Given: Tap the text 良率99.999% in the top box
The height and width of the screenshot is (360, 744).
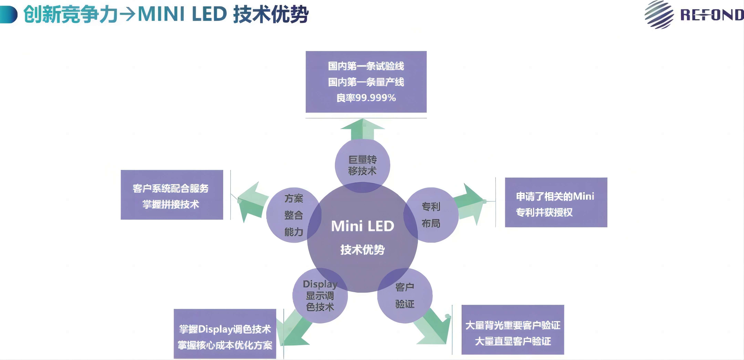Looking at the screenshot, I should pyautogui.click(x=366, y=98).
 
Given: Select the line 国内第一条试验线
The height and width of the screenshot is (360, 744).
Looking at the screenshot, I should pyautogui.click(x=366, y=66).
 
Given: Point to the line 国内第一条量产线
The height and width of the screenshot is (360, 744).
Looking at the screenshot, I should pyautogui.click(x=366, y=82).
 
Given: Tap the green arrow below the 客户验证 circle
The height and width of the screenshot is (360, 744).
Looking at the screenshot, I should pyautogui.click(x=435, y=328).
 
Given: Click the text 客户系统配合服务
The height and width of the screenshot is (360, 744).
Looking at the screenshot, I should pyautogui.click(x=170, y=188).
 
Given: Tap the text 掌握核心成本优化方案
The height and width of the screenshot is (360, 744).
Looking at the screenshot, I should pyautogui.click(x=225, y=345).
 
